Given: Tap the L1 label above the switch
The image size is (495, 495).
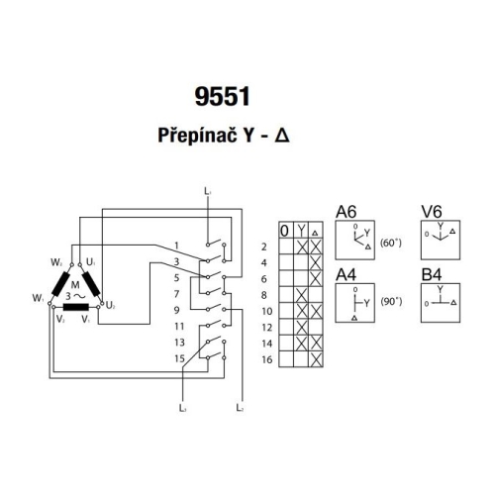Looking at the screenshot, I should [207, 188].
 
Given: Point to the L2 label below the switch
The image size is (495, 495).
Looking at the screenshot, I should [242, 407].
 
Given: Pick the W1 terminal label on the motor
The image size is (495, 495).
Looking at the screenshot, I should [37, 297].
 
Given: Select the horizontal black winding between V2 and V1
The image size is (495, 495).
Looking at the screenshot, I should [74, 307].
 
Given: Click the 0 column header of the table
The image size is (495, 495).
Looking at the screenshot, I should [285, 231].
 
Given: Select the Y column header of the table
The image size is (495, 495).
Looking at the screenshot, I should [301, 231].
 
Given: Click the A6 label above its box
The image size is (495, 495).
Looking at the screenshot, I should [346, 211].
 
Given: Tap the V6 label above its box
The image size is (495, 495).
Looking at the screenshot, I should [431, 211].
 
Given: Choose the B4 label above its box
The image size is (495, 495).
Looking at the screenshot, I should [431, 274].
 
